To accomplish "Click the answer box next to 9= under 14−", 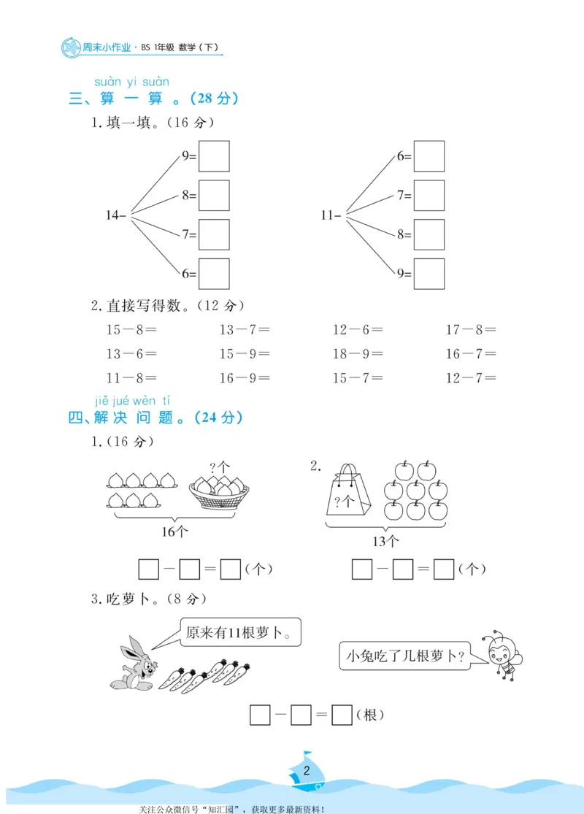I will point(214,156).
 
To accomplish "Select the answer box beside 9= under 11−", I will point(429,274).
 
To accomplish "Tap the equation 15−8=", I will point(132,329).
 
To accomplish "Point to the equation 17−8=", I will point(471,329).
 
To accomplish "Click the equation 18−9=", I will point(358,353).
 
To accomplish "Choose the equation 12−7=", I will point(471,377).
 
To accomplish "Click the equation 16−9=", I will point(245,377).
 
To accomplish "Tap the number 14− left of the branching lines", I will point(116,215).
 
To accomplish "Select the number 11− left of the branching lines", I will point(331,215).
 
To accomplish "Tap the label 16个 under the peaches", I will point(173,531).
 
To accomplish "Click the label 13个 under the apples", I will point(386,541).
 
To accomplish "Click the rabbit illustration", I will point(133,661).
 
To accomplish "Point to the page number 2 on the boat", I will point(307,771).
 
